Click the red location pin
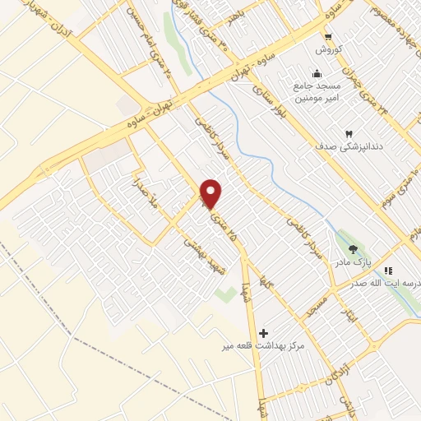(211, 192)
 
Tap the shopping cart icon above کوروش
(328, 36)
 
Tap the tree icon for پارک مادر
(354, 249)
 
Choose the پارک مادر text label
(353, 262)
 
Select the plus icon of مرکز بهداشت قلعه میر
(263, 333)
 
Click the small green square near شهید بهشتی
(220, 292)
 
